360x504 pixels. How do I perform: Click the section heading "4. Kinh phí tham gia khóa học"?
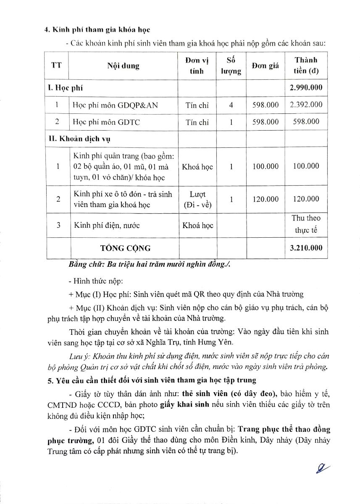[x=97, y=30]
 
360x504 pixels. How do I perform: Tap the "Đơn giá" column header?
[x=265, y=66]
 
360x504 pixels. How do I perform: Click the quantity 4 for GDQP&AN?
[x=231, y=105]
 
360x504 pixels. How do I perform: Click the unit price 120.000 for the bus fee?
[x=265, y=199]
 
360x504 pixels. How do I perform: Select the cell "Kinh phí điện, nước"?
[x=107, y=226]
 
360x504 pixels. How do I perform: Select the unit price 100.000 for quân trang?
[x=265, y=166]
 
